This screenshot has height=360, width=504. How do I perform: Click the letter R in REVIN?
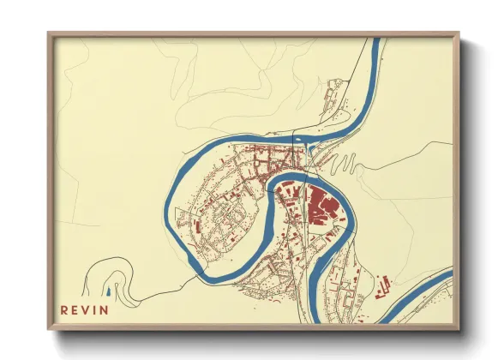[64, 309]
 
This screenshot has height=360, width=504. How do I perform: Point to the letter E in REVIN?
[75, 309]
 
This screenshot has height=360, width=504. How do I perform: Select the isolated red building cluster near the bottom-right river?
[381, 286]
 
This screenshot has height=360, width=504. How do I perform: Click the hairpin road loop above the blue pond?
[113, 273]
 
